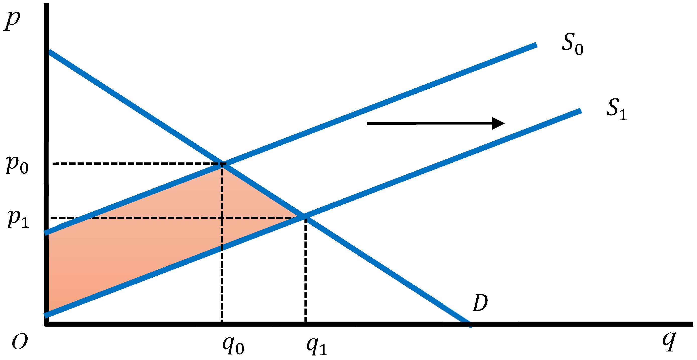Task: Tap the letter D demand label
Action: (480, 303)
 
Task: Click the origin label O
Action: (20, 342)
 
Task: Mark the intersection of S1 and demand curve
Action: (305, 217)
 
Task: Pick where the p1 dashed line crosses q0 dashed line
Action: (222, 218)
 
